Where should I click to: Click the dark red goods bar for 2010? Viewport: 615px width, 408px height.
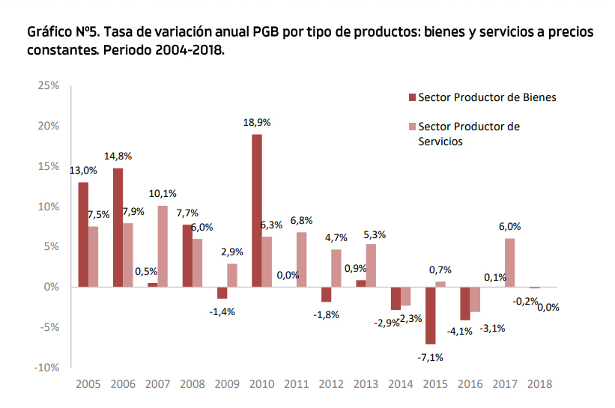tap(257, 210)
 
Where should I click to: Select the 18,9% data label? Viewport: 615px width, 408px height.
tap(256, 122)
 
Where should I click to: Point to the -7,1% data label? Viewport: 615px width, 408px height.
tap(430, 357)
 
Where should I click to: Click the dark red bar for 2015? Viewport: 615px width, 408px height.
tap(430, 315)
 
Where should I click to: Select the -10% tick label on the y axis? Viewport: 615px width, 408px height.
tap(46, 368)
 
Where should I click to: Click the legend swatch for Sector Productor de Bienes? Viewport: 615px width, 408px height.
tap(411, 97)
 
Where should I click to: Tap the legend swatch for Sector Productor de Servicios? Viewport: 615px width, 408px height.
tap(411, 127)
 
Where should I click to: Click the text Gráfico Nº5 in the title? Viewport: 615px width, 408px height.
tap(64, 34)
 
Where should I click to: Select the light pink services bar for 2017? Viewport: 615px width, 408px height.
tap(510, 262)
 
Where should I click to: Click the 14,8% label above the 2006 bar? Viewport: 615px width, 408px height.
tap(118, 156)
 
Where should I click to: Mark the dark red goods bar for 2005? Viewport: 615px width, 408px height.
tap(83, 234)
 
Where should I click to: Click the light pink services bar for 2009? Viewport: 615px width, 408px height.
tap(232, 275)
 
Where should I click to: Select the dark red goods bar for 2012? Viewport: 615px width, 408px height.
tap(327, 294)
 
